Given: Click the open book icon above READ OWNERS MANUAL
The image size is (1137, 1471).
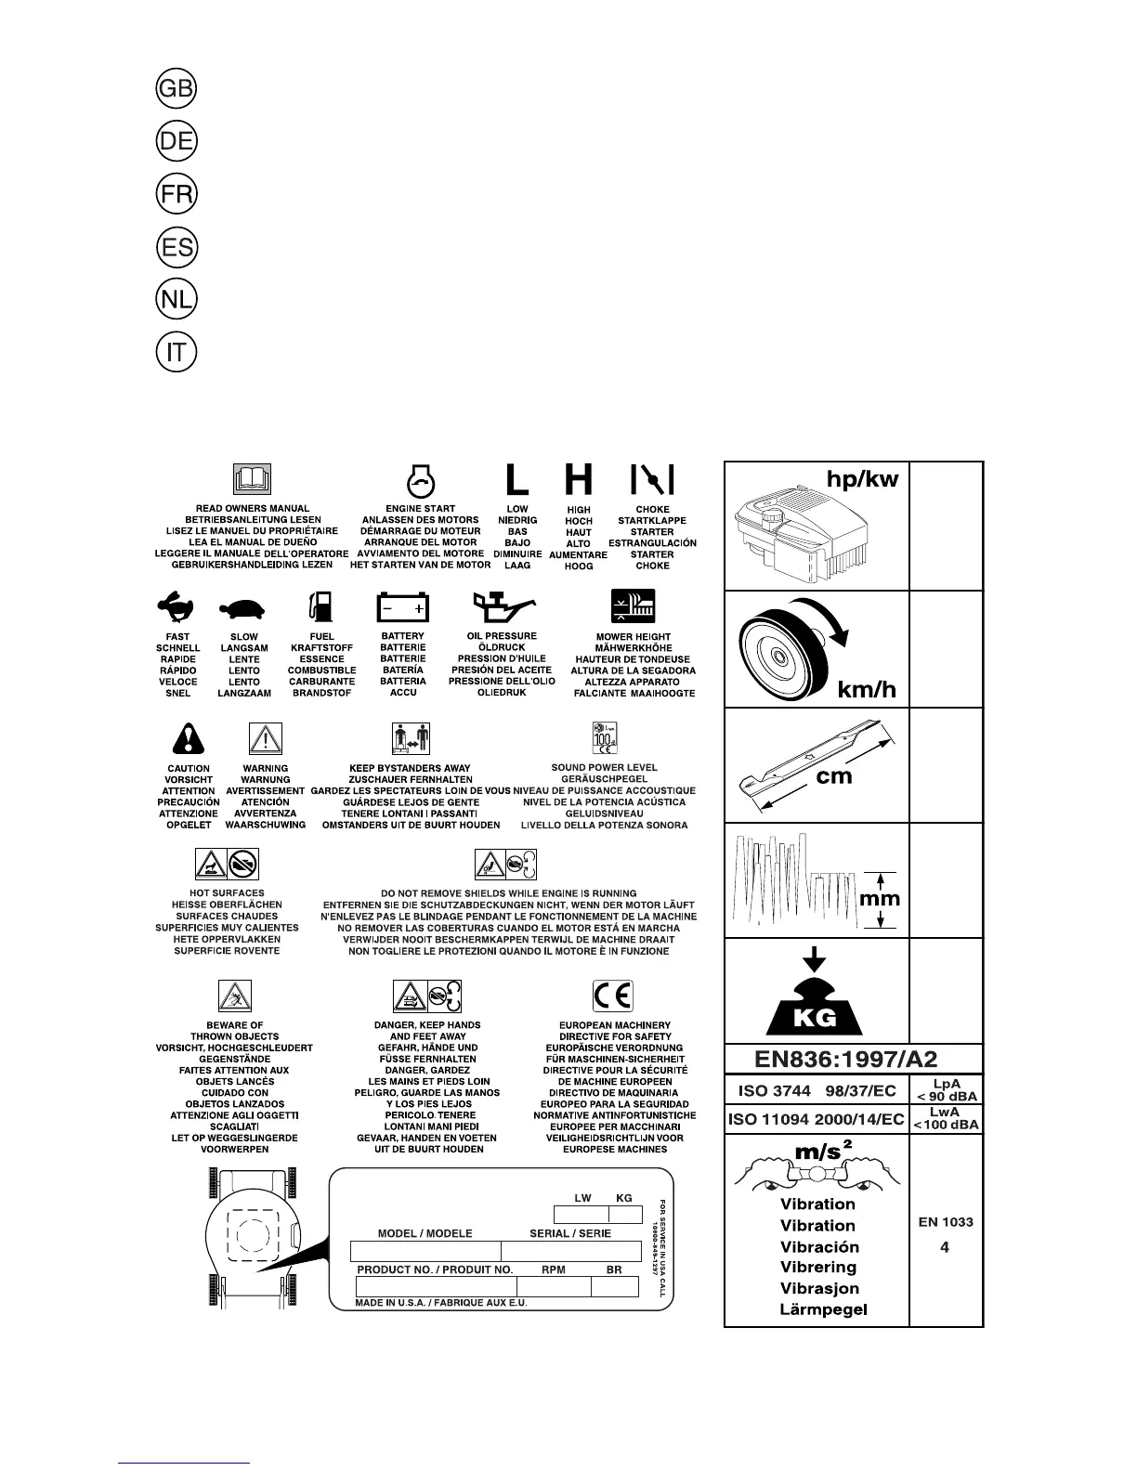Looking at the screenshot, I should tap(252, 479).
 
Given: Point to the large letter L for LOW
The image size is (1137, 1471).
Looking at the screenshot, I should tap(516, 479).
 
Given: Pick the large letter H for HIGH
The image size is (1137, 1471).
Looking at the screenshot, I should tap(579, 479).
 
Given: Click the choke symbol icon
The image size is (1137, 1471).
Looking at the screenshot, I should tap(652, 479).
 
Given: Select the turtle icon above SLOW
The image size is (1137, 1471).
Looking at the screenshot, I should tap(243, 609).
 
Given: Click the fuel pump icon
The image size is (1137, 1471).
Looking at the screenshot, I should tap(321, 607).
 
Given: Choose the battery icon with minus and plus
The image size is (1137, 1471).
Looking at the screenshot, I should tap(403, 608).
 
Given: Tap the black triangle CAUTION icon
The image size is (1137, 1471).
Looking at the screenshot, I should tap(189, 739).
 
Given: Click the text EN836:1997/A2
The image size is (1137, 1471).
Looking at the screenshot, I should tap(853, 1057).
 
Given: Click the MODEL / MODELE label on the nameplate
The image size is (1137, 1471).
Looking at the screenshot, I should tap(425, 1233).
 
